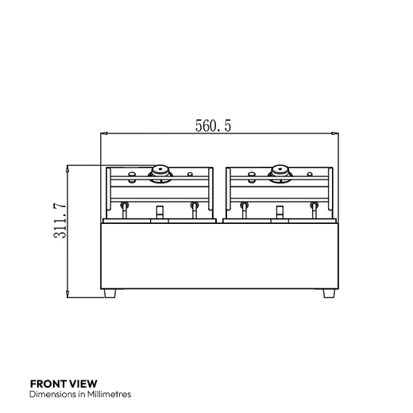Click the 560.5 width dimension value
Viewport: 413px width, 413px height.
coord(213,125)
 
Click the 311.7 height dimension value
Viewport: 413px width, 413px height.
coord(60,221)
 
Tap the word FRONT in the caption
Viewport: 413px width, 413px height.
coord(48,384)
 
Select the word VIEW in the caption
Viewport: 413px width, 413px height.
coord(83,384)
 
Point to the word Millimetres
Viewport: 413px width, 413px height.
coord(109,394)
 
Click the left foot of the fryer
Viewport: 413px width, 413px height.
coord(110,293)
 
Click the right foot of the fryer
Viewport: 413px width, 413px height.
coord(329,293)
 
